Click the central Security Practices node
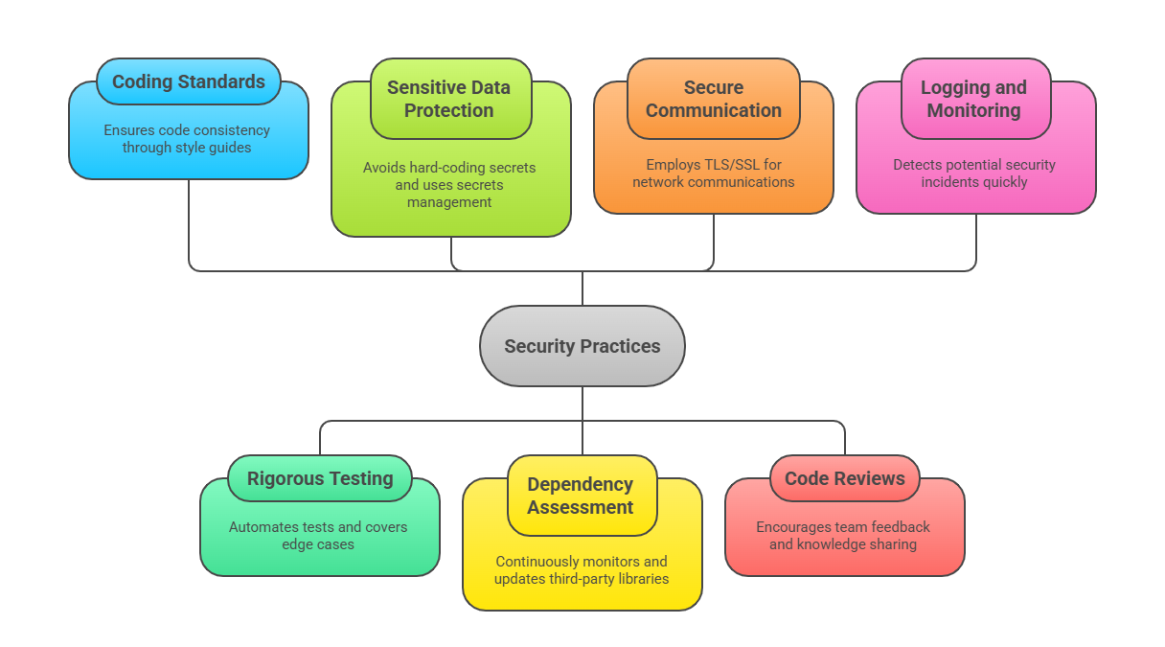click(x=582, y=346)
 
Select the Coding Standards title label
click(x=188, y=81)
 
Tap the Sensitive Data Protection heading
click(x=448, y=99)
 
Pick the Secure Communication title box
click(x=713, y=99)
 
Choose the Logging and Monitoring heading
click(x=974, y=99)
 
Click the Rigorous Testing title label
click(x=320, y=478)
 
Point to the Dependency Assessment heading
click(x=581, y=496)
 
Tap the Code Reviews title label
click(x=844, y=478)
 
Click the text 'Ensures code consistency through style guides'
click(x=187, y=138)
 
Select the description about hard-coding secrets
click(x=448, y=184)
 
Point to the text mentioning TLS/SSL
click(x=713, y=173)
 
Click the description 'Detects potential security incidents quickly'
click(x=974, y=173)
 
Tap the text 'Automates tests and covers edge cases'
click(x=318, y=535)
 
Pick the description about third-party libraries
click(x=581, y=569)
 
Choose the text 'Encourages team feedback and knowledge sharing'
click(x=843, y=535)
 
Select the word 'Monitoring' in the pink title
click(x=974, y=110)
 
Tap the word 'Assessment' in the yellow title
click(x=581, y=507)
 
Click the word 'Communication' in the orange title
click(x=713, y=110)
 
